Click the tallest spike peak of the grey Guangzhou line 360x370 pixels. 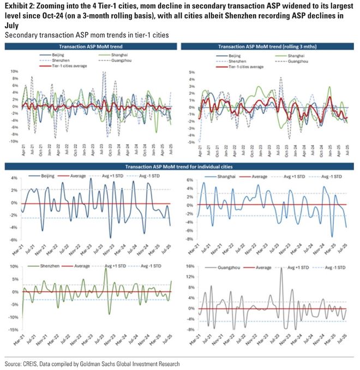click(281, 268)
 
